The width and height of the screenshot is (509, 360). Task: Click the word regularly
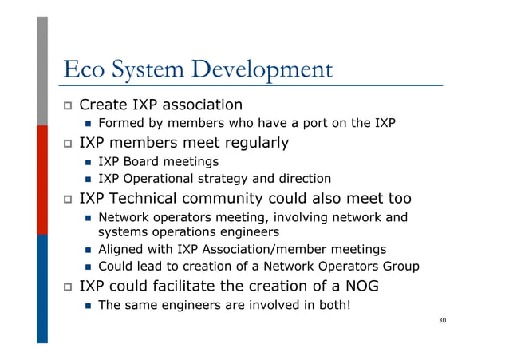[247, 144]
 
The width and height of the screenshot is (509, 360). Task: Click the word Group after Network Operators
[400, 267]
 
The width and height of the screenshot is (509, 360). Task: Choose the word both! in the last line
[332, 303]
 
